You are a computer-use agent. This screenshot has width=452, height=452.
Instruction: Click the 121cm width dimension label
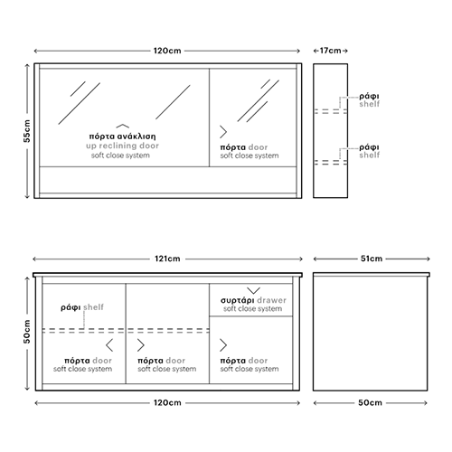(167, 259)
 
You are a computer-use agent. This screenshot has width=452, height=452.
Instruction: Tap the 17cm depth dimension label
(330, 51)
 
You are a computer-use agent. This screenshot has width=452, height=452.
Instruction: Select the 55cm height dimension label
(27, 131)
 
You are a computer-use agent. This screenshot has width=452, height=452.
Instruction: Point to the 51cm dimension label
(372, 259)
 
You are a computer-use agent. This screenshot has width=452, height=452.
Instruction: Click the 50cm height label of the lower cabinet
(27, 332)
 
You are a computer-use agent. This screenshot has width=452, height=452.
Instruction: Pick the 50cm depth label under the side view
(370, 402)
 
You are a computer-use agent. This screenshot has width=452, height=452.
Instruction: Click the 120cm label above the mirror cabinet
(167, 51)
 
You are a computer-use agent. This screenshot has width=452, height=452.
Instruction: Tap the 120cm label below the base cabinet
(167, 402)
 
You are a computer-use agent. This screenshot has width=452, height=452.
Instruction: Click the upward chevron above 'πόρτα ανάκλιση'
(123, 126)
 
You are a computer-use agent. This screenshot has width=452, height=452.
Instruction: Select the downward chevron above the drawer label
(253, 290)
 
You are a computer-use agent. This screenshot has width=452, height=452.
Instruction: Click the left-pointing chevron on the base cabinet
(109, 345)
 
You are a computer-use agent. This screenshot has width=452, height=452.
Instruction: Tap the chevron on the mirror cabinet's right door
(223, 132)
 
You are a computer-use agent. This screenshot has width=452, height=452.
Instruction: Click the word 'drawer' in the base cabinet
(271, 300)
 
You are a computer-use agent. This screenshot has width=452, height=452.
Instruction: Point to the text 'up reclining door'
(122, 146)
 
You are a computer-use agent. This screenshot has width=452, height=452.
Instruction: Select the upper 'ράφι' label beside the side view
(369, 97)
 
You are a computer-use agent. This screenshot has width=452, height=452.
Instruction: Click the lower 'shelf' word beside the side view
(370, 155)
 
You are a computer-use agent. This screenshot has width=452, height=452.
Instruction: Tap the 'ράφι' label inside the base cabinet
(71, 307)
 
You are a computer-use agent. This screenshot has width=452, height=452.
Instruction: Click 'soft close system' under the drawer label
(253, 308)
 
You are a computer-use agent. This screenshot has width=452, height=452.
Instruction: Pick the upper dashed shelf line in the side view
(331, 111)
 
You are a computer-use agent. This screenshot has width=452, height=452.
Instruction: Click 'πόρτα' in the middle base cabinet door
(150, 361)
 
